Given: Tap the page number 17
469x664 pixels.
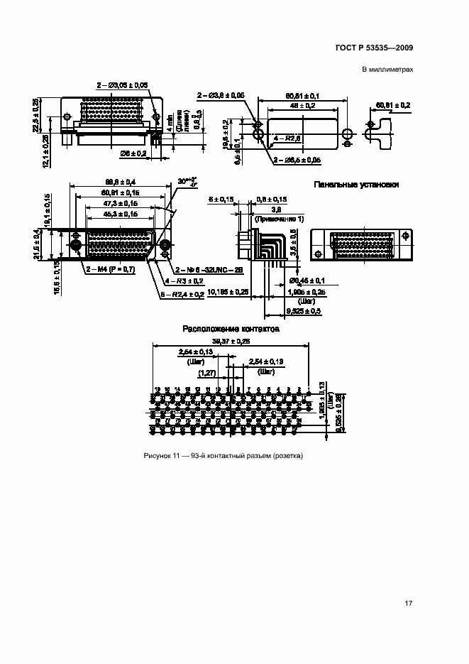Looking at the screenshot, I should pos(408,604).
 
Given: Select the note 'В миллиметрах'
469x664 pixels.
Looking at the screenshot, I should pos(387,70).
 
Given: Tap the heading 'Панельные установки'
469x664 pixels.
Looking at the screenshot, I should pos(357,184).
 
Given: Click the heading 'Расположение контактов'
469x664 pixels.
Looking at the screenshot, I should pos(231,330).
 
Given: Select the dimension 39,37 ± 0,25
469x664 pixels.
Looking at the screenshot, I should pos(231,342).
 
